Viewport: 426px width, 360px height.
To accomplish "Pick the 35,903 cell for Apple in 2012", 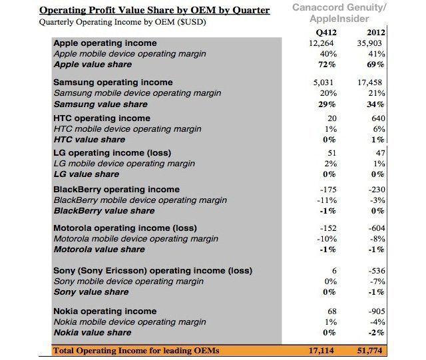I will tap(371, 43).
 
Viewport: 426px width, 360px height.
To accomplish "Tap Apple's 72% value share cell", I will tap(324, 65).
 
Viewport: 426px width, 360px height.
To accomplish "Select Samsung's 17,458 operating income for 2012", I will tap(371, 83).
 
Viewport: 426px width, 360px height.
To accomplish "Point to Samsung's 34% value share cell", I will tap(377, 104).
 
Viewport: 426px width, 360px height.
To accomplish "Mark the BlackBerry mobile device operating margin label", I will tap(140, 200).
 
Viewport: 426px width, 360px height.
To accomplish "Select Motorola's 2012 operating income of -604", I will tap(375, 228).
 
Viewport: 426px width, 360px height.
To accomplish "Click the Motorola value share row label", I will tap(99, 249).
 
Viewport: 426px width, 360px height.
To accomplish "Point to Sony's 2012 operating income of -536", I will tap(375, 270).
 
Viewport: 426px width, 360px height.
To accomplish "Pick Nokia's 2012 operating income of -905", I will tap(375, 311).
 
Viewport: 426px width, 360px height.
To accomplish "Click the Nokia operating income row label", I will tap(105, 311).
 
